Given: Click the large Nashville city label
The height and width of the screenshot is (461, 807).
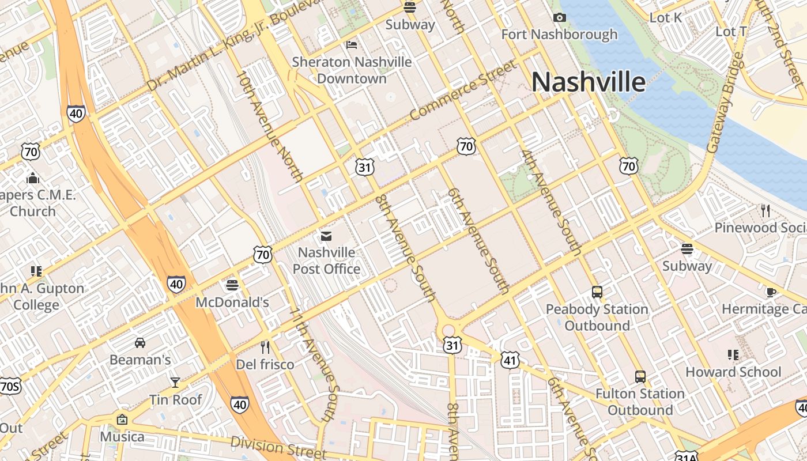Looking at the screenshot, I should click(588, 82).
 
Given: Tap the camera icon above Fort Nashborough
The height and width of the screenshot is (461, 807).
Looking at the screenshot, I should click(559, 18).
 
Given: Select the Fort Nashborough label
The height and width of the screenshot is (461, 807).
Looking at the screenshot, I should click(559, 35).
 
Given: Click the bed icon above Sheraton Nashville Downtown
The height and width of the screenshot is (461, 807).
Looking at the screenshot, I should click(352, 45).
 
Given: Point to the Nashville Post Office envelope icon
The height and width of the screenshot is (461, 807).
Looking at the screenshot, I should click(326, 236).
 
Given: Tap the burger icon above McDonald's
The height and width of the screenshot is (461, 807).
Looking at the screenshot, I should click(232, 285).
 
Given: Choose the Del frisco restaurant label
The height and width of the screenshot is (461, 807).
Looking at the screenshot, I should click(265, 364).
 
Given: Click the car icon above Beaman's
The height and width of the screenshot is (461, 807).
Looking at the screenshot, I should click(139, 343).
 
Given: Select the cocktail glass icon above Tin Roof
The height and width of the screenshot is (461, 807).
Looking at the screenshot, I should click(175, 382).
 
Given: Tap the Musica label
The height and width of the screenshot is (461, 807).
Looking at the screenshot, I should click(122, 436).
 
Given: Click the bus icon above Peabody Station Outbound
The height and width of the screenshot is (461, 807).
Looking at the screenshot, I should click(597, 292).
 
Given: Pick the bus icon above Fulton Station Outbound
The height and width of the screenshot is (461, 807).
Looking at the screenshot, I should click(640, 377).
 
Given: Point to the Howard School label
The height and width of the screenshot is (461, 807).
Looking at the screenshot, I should click(733, 372).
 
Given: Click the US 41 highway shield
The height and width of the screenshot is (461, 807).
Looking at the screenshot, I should click(510, 361).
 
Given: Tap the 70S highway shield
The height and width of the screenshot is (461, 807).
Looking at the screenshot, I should click(10, 386).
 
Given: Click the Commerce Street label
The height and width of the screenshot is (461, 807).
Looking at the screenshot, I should click(463, 90).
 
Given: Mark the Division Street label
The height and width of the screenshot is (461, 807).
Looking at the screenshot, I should click(273, 446).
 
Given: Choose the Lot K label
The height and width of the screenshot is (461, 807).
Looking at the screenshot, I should click(666, 18).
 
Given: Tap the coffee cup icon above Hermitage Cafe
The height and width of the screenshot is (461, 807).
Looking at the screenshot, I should click(771, 292).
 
